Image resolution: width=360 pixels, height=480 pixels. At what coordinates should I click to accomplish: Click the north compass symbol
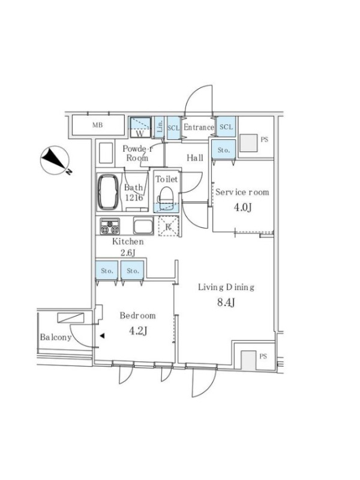point(55,160)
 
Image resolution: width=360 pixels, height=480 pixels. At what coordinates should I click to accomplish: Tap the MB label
point(98,125)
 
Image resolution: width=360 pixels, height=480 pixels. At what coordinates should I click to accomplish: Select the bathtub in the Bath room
point(108,192)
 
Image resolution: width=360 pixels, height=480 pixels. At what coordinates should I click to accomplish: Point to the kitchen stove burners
point(110,226)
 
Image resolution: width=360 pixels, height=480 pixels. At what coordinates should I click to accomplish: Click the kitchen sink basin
point(143,226)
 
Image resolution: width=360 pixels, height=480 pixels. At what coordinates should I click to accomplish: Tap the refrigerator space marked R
point(169,226)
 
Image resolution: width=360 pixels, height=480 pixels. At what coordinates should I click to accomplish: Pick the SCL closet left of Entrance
point(173,128)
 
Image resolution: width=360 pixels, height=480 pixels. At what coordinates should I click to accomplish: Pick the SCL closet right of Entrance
point(226,127)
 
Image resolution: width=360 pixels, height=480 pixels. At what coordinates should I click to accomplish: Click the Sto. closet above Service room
point(224,149)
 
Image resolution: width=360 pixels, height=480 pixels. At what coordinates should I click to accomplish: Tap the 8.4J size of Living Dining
point(226,302)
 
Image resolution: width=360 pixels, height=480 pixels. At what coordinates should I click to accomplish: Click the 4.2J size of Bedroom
point(138,331)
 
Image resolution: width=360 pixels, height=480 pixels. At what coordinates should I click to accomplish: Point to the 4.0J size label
point(243,208)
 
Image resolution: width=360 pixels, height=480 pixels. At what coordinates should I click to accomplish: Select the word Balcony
point(56,337)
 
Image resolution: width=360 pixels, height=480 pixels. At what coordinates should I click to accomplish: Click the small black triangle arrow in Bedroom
point(102,336)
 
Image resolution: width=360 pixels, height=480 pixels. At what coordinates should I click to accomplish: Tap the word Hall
point(195,158)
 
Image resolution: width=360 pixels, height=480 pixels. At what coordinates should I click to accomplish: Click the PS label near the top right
point(264,140)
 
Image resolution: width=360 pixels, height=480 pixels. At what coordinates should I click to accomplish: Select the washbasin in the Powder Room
point(106,153)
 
